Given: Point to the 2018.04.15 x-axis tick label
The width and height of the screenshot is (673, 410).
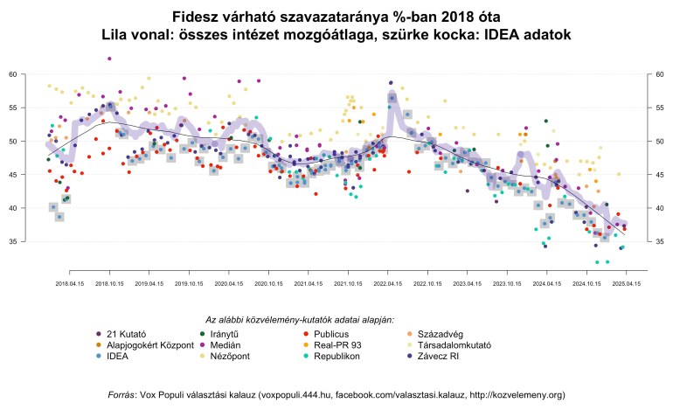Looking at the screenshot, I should point(69,284).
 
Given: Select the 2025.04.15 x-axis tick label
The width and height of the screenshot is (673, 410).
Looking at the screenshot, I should point(625,284).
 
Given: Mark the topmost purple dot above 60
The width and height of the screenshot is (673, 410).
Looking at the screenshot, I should point(109,59).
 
